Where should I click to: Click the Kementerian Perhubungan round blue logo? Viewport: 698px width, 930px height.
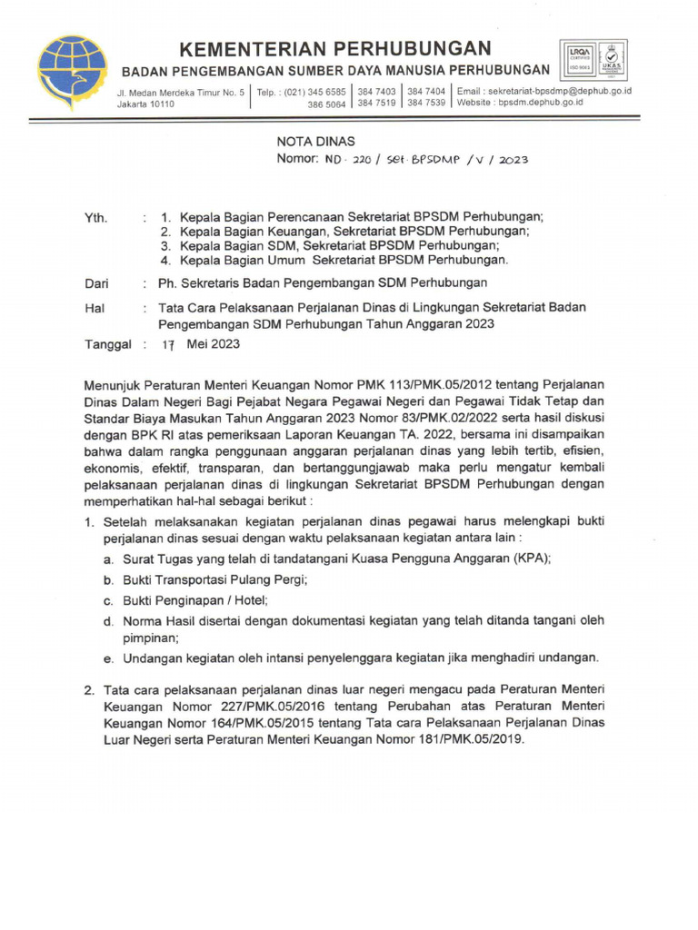coord(72,71)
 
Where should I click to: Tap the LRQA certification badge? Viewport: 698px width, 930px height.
coord(580,58)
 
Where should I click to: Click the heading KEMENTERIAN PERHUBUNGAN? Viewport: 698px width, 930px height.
coord(334,48)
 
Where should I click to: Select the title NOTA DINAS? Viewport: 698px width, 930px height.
coord(315,141)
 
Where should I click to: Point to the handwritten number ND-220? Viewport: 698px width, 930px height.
coord(346,160)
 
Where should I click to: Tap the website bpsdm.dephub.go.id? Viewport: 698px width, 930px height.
coord(539,103)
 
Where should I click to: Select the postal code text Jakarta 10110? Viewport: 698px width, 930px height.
coord(145,104)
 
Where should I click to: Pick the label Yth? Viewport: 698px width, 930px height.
coord(95,217)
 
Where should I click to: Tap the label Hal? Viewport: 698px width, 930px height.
coord(94,308)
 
